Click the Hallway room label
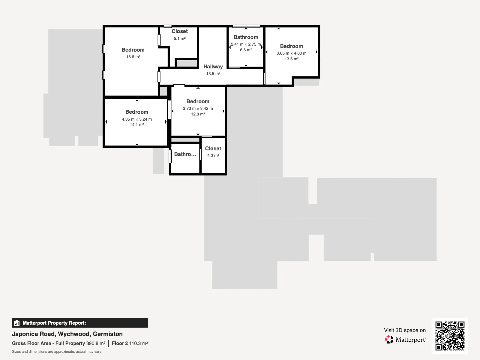pos(213,67)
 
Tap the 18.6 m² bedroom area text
pos(133,57)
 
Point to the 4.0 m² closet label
pos(213,155)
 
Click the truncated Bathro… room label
pos(185,154)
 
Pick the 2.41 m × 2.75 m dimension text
pos(246,44)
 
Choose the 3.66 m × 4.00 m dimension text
pos(291,53)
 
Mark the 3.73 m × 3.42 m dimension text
pos(198,108)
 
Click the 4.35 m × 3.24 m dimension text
pos(137,119)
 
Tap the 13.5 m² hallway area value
pos(213,74)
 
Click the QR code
pos(450,336)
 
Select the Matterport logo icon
pos(389,340)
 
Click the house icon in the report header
pos(17,323)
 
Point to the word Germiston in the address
pos(108,334)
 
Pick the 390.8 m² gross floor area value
pos(96,343)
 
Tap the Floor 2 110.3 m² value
pos(130,343)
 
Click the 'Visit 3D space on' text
pos(405,330)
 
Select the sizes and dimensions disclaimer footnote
pos(56,352)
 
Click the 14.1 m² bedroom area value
pos(137,124)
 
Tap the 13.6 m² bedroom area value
pos(291,59)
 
